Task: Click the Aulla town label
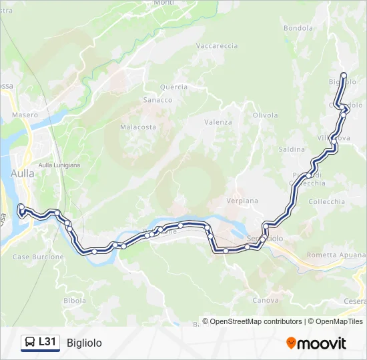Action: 22,173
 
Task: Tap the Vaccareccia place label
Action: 217,46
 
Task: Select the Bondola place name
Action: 298,28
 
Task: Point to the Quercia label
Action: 173,87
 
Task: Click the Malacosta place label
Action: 138,127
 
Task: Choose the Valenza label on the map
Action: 218,122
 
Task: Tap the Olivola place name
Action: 265,115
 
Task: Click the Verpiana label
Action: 242,201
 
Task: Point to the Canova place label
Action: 266,301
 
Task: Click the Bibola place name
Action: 74,301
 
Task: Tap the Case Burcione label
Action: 38,257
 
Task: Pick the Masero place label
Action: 25,115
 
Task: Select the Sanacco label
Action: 157,100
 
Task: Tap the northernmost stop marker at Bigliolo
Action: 344,75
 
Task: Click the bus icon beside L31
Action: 30,343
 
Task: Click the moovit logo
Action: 316,343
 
